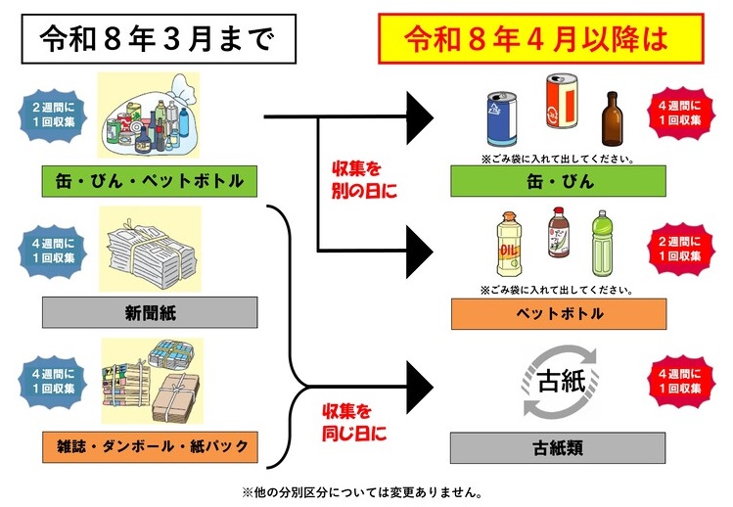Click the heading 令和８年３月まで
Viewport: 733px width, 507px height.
click(x=157, y=39)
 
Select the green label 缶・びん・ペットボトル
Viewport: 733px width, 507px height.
click(x=149, y=179)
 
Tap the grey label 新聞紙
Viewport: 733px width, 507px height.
click(x=149, y=312)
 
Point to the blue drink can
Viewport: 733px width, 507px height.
click(x=501, y=117)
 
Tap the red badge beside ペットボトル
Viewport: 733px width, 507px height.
click(x=677, y=251)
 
